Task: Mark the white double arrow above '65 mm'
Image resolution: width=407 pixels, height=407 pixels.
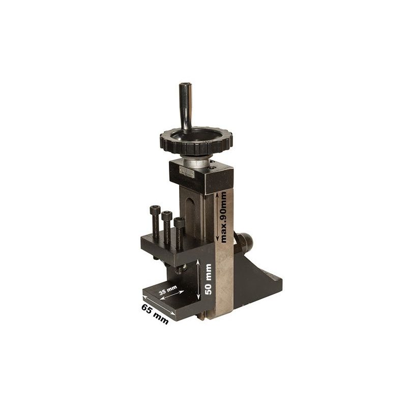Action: click(158, 305)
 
